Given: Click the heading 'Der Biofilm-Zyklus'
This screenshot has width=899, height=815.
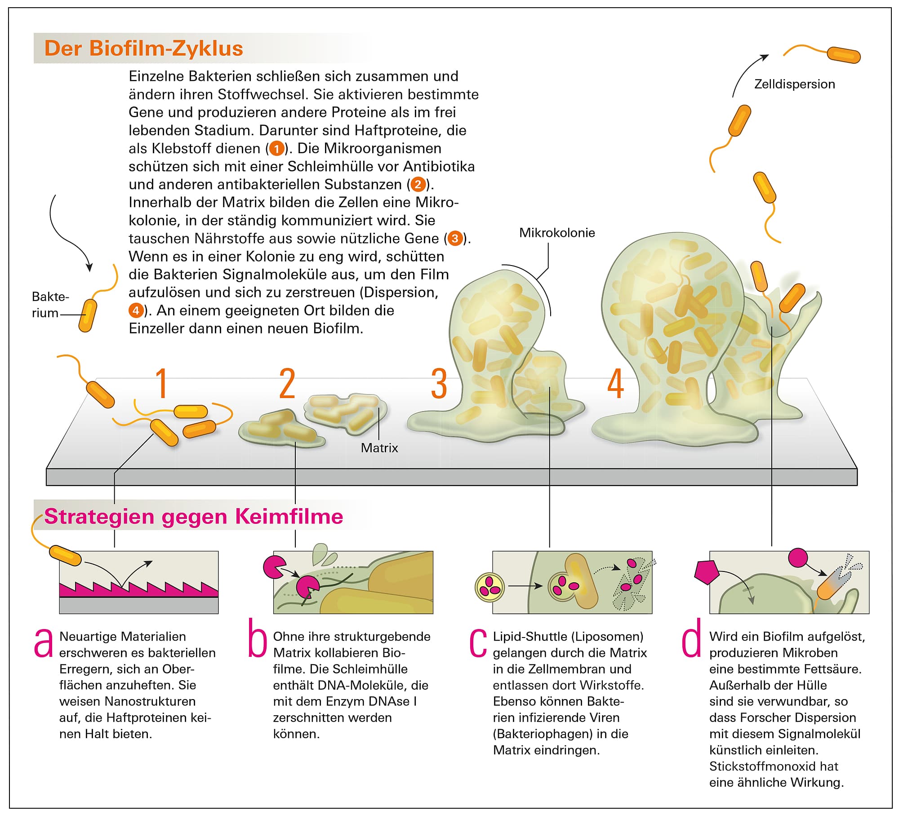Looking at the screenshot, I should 143,49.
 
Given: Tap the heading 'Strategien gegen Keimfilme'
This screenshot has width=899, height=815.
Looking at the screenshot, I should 193,517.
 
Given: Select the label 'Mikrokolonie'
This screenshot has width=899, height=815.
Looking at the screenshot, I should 557,233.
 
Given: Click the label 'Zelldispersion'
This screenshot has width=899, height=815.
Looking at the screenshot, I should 794,84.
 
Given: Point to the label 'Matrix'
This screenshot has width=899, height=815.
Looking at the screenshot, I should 379,448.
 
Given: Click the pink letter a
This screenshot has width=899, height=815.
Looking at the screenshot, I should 44,643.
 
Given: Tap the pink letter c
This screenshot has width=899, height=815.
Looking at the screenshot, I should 478,643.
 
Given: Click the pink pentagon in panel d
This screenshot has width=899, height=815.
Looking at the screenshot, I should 707,572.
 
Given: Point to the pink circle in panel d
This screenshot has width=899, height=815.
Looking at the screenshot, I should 798,557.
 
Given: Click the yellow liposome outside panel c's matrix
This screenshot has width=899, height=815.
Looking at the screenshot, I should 490,587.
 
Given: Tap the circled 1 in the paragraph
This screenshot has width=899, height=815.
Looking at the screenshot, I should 276,149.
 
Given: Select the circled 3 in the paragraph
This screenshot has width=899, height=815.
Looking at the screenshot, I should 455,239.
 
